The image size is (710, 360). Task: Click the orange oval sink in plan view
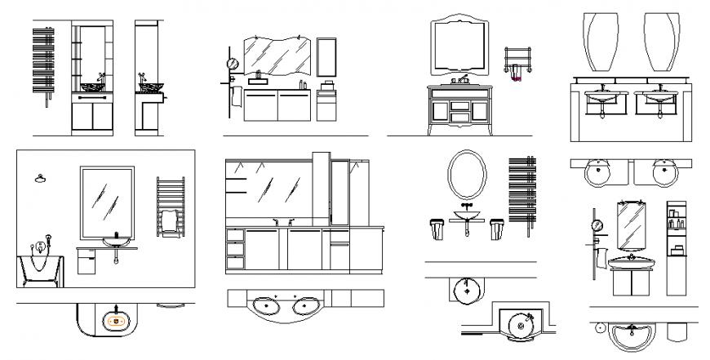click(116, 321)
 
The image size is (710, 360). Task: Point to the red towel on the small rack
click(515, 77)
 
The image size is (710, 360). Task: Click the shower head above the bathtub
click(39, 179)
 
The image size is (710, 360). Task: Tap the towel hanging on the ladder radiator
click(169, 221)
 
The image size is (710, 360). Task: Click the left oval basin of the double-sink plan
click(267, 304)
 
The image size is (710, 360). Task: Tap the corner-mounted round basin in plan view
click(520, 325)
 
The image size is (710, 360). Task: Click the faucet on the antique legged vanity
click(462, 79)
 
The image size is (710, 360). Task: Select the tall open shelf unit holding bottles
click(677, 247)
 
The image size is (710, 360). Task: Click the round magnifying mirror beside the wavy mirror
click(232, 63)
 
